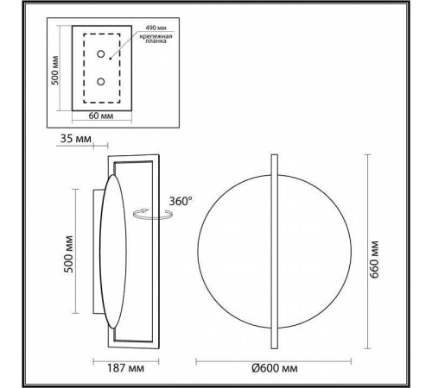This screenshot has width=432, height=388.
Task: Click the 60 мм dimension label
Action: pos(102,116)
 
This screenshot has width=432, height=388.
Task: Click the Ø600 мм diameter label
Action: pos(274,369)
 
